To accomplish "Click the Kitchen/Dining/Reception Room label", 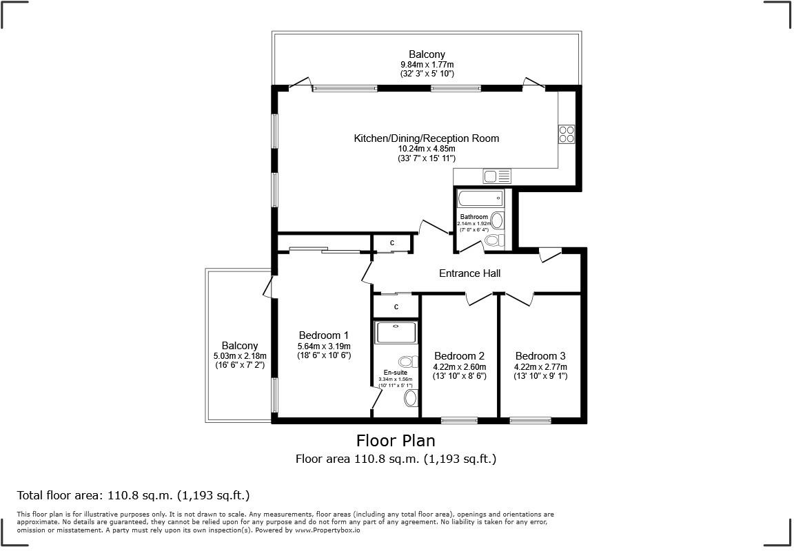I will (x=426, y=138).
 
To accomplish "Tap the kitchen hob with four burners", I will (x=567, y=134).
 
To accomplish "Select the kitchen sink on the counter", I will (x=497, y=176).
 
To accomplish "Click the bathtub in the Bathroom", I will (x=480, y=199).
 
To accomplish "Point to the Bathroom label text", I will (x=474, y=217).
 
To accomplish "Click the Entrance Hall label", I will (x=469, y=273).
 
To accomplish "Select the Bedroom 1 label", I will (x=323, y=335).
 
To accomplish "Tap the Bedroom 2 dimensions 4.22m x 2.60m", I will (x=459, y=366).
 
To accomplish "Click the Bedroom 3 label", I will (x=541, y=356).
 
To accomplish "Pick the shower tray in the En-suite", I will (x=396, y=333).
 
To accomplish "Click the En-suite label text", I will (x=396, y=373).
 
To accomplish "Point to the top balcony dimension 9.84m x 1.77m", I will (x=427, y=64).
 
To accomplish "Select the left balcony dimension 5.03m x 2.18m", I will (x=239, y=355).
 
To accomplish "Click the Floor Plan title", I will (x=396, y=440).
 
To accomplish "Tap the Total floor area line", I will (x=133, y=495).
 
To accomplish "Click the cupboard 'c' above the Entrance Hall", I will (x=392, y=243).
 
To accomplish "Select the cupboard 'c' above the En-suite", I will (x=396, y=306).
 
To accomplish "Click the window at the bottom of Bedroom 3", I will (x=530, y=420).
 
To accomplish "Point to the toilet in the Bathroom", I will (x=493, y=240).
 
